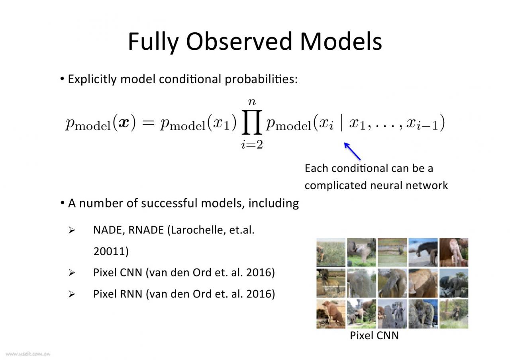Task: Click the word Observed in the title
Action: [x=239, y=41]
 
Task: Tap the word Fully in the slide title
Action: [x=153, y=43]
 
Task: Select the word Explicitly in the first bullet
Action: [x=92, y=79]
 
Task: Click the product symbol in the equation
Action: [x=252, y=122]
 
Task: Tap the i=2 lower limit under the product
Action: [x=252, y=145]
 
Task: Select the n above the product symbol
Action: [x=252, y=102]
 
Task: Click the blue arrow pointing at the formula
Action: [x=352, y=151]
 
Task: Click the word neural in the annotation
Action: [x=386, y=185]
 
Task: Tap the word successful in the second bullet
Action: [x=169, y=203]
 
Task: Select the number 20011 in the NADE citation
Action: [x=109, y=251]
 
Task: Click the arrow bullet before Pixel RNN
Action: [x=72, y=294]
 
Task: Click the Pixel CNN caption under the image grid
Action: [x=374, y=335]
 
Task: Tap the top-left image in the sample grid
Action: [x=331, y=252]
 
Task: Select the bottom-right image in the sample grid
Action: [x=454, y=314]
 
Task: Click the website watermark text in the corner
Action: [x=28, y=354]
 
